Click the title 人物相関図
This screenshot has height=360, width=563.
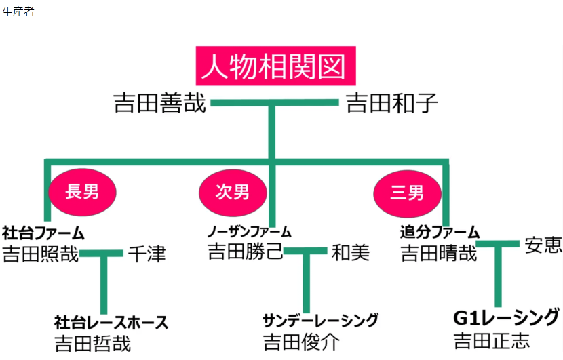click(275, 66)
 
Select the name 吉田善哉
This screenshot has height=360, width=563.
click(160, 104)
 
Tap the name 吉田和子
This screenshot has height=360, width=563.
click(391, 104)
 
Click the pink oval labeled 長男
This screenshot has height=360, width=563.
click(82, 192)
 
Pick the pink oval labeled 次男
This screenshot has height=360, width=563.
click(232, 192)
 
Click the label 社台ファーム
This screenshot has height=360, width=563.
click(43, 234)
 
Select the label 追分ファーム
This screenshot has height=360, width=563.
click(440, 233)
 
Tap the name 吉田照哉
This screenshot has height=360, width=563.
click(40, 255)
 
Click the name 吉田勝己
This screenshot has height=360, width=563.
click(245, 254)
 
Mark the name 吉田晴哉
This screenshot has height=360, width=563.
click(438, 254)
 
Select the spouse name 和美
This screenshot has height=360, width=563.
click(351, 254)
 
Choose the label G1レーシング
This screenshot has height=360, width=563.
click(506, 317)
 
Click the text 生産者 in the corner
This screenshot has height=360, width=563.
click(18, 12)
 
